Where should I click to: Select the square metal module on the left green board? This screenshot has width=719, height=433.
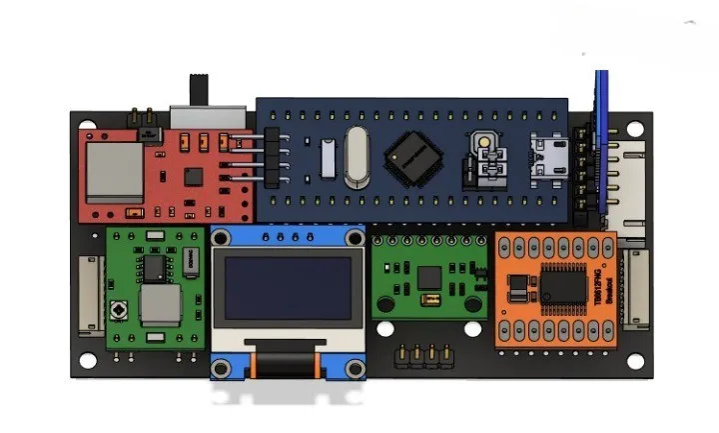(x=160, y=306)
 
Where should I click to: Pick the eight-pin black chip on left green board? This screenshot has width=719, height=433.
(x=155, y=266)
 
